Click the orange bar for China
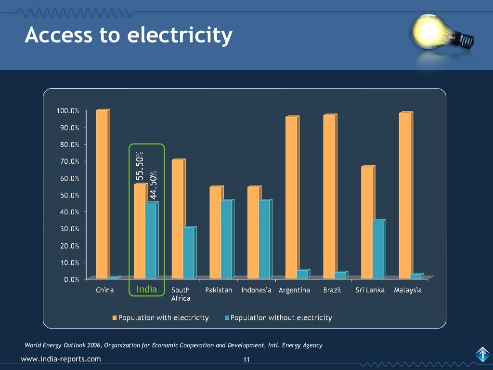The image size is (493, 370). coord(102,194)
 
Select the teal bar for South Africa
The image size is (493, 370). coord(188,252)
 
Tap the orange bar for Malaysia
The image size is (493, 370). coord(405,195)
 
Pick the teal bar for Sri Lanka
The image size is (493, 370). coord(378,249)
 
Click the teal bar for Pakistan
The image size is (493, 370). coord(226,239)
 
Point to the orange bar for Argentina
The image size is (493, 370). coord(291,197)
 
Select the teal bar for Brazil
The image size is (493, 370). coord(340,275)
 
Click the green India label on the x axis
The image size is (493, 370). coord(147,290)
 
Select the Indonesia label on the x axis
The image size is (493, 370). coord(257,290)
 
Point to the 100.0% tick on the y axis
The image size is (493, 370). coord(68,111)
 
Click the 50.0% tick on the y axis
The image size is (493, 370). coord(69,195)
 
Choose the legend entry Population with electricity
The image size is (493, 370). coord(161,317)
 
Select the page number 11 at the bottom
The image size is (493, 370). coord(246,359)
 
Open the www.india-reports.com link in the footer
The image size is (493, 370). coord(61,358)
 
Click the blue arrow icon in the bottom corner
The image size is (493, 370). coord(482,355)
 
